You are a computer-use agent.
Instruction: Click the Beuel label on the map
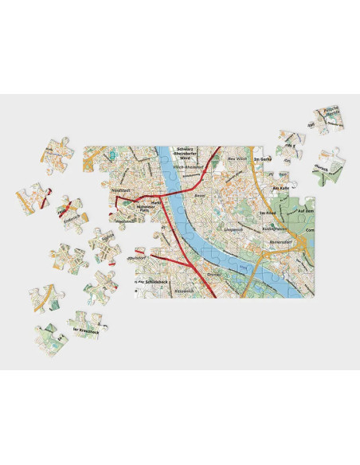[x=200, y=193]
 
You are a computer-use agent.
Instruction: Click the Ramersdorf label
[x=282, y=239]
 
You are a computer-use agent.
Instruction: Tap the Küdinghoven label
[x=274, y=226]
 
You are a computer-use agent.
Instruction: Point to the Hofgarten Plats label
[x=152, y=209]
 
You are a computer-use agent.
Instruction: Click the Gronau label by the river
[x=213, y=274]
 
